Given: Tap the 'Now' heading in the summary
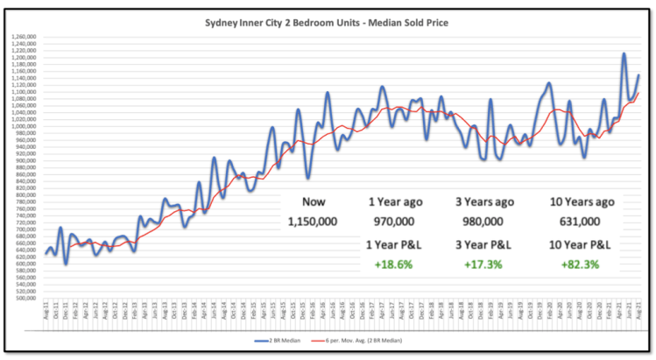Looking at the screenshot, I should [x=313, y=201].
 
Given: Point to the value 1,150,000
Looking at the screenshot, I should [x=313, y=222].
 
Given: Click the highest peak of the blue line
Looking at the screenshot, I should [x=624, y=54].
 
